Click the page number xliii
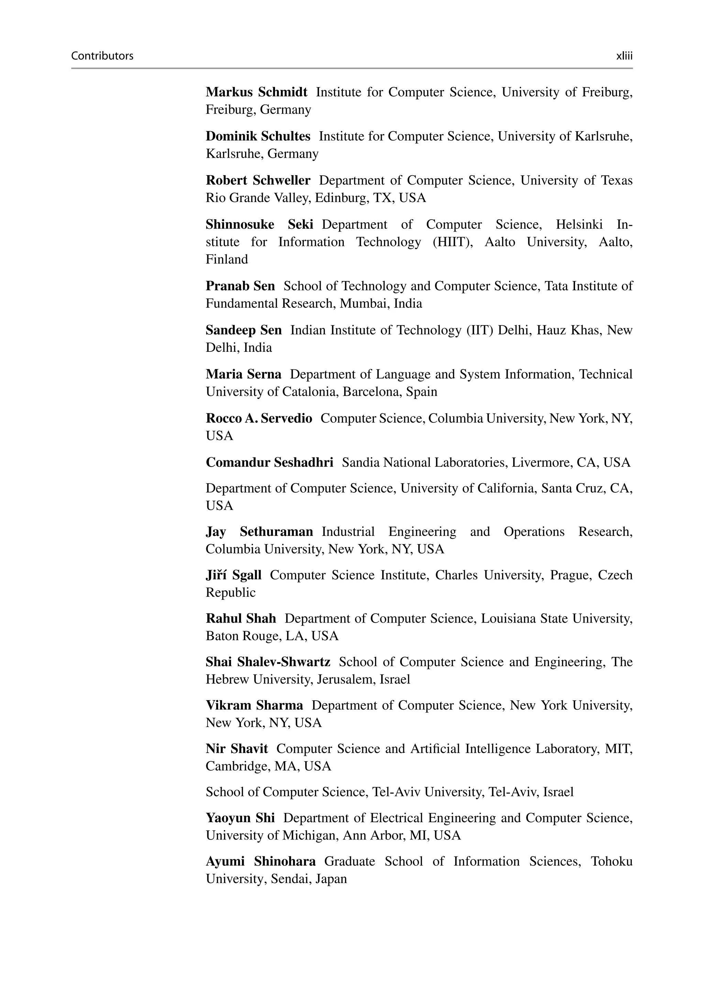pos(624,56)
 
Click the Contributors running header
pos(102,56)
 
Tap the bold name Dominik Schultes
pos(258,136)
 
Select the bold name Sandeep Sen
pos(244,330)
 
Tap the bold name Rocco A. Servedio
pos(259,419)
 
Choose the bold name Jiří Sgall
pos(234,575)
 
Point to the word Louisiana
pos(508,618)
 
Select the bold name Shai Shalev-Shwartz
pos(268,662)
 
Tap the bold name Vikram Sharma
pos(254,705)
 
